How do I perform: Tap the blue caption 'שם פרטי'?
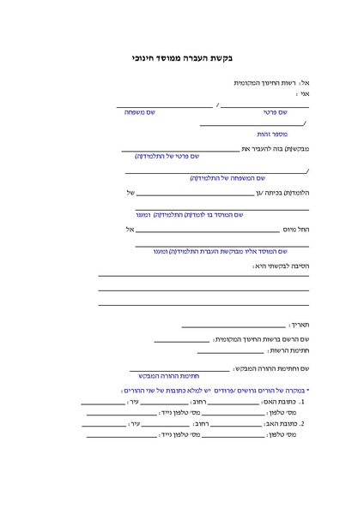pyautogui.click(x=276, y=112)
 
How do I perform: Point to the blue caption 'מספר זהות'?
pyautogui.click(x=273, y=134)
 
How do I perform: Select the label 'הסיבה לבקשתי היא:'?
pyautogui.click(x=281, y=266)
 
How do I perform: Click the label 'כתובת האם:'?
pyautogui.click(x=283, y=401)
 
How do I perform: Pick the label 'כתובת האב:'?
pyautogui.click(x=284, y=423)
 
